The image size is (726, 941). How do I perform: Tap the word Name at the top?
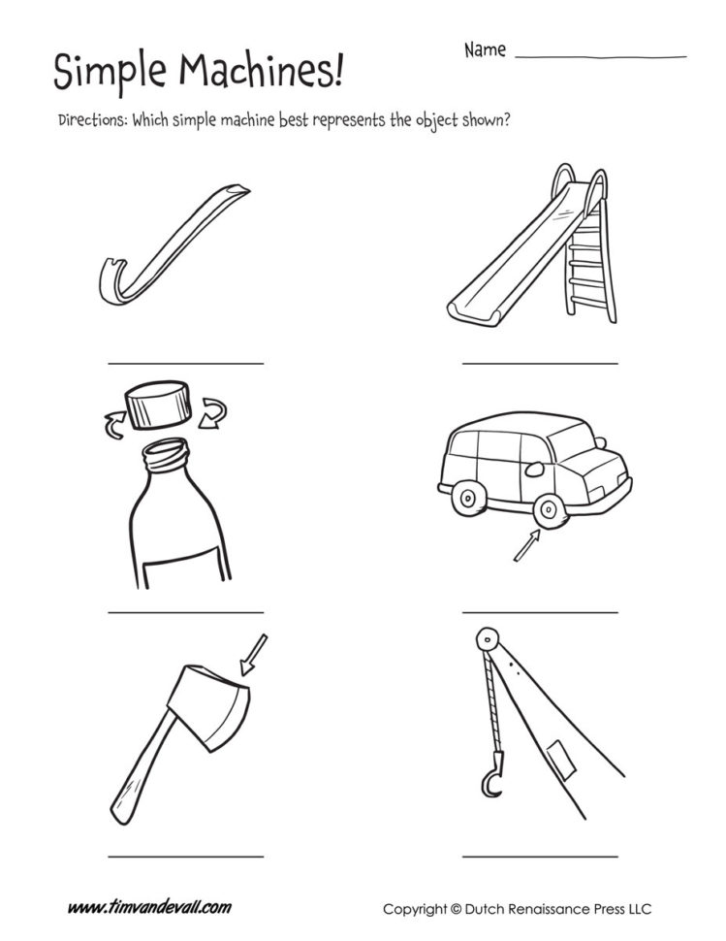[485, 49]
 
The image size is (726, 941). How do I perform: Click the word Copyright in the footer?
[414, 909]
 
